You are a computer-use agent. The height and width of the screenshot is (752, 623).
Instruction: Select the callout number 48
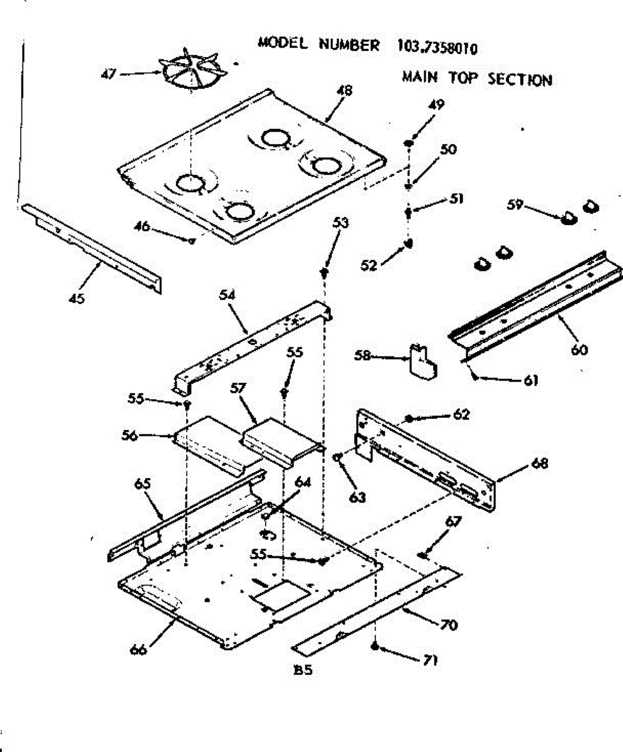click(x=344, y=91)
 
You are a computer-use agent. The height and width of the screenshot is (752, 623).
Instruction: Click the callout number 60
click(x=580, y=349)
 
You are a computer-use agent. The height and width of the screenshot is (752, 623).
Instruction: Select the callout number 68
click(x=539, y=464)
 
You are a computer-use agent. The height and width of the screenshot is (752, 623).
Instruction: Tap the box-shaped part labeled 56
click(x=206, y=440)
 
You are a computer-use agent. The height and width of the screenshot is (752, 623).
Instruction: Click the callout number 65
click(x=142, y=484)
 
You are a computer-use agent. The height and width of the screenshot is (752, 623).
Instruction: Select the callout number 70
click(x=449, y=625)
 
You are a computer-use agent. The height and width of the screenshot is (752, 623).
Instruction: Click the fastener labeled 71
click(x=375, y=646)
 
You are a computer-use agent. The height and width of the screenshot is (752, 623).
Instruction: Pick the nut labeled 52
click(x=409, y=243)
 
